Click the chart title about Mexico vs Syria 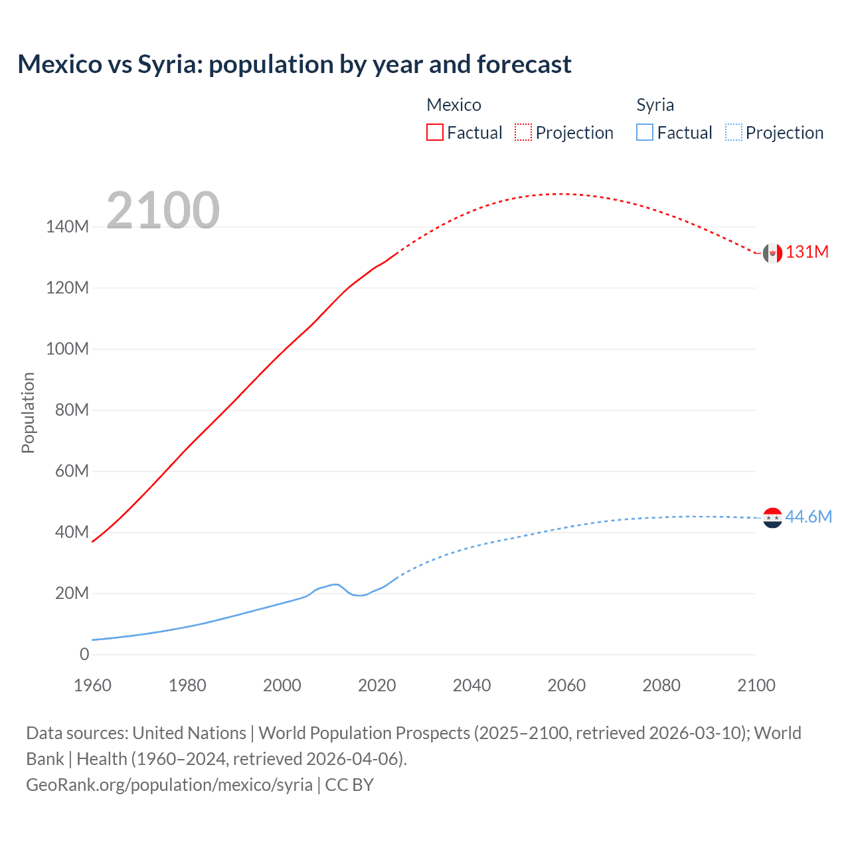[x=294, y=64]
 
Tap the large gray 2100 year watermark [x=163, y=210]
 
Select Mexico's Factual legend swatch [x=434, y=132]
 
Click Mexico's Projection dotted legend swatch [x=523, y=132]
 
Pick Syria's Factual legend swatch [x=645, y=132]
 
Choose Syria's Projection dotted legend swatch [x=733, y=132]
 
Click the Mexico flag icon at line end [x=772, y=253]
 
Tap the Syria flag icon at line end [x=772, y=517]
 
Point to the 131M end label [x=807, y=252]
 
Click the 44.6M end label [x=808, y=517]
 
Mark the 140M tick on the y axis [x=67, y=227]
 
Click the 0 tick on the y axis [x=84, y=655]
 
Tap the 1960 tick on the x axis [x=92, y=685]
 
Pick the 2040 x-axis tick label [x=471, y=685]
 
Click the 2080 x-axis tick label [x=661, y=685]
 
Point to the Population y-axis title [x=28, y=412]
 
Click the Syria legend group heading [x=655, y=105]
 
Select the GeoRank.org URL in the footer [x=169, y=785]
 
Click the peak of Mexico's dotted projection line [x=563, y=194]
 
